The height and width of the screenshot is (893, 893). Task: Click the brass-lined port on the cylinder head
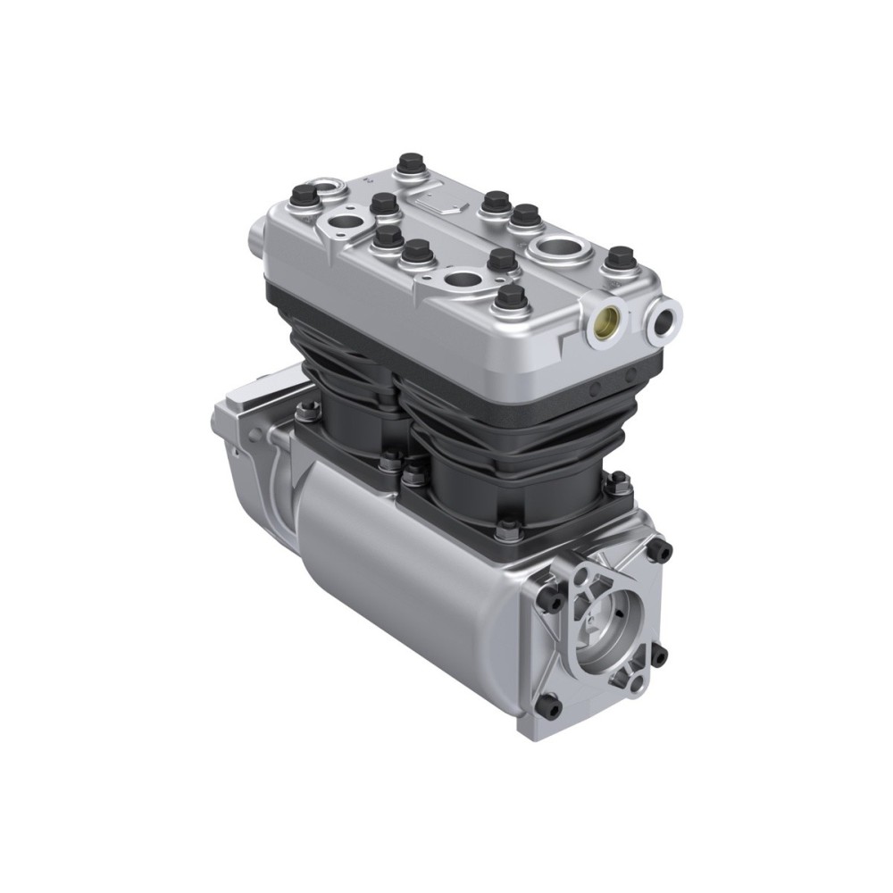click(609, 318)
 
